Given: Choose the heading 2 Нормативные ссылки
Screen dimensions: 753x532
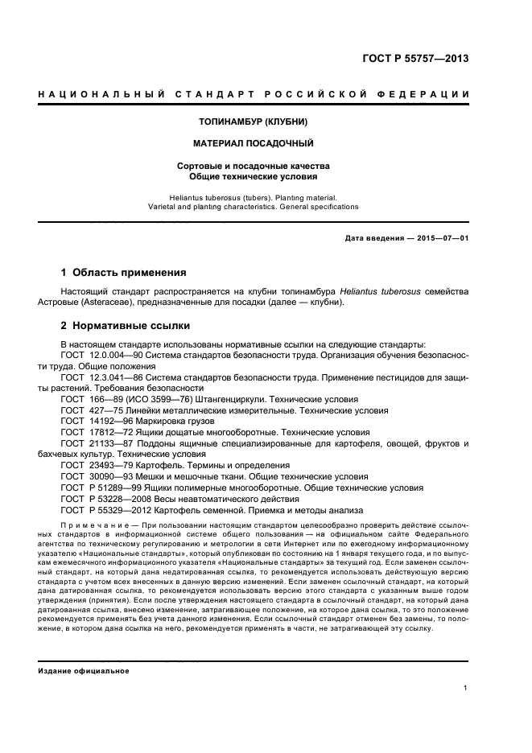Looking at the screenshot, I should click(x=126, y=326).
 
